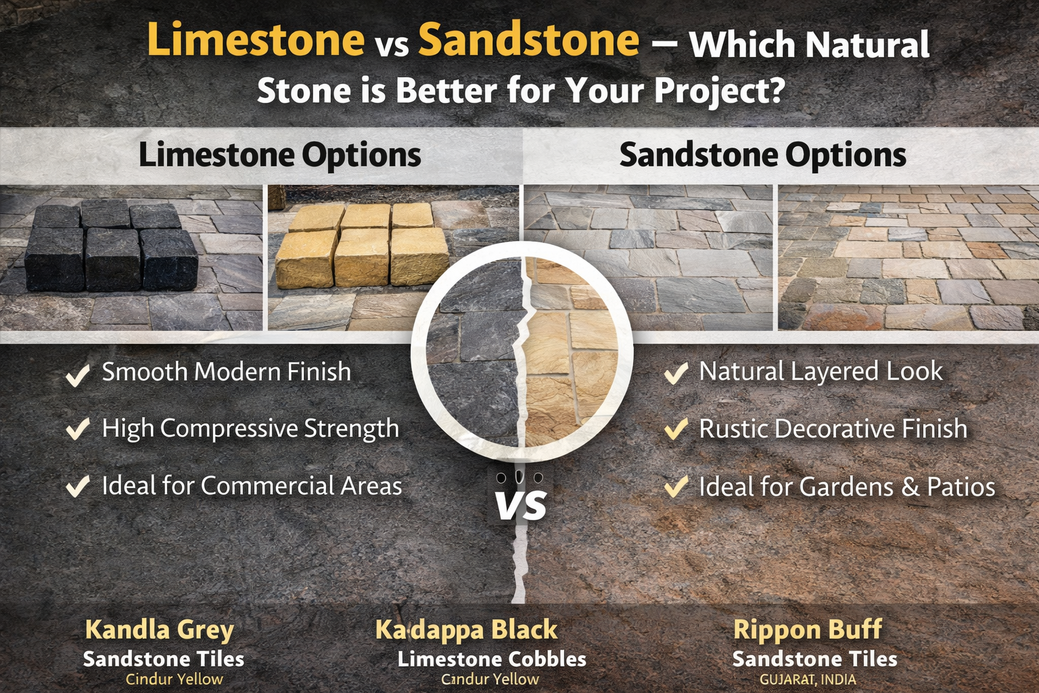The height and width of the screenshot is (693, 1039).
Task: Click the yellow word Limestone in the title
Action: click(256, 41)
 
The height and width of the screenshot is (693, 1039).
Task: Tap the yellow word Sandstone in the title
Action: click(529, 41)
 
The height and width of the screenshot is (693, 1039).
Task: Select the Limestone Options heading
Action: click(279, 155)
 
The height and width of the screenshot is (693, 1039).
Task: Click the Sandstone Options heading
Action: click(763, 155)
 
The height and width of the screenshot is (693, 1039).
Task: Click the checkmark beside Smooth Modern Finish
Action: click(78, 374)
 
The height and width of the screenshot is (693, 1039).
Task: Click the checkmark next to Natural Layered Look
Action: click(676, 373)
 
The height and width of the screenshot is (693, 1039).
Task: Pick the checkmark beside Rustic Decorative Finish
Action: click(676, 429)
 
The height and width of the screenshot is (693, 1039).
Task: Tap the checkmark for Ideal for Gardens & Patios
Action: click(676, 487)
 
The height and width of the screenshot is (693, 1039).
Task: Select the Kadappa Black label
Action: click(466, 630)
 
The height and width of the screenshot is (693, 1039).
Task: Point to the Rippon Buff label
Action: click(808, 630)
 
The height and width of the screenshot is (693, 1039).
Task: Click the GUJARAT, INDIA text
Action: click(808, 680)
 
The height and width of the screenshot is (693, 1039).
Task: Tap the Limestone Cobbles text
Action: click(492, 659)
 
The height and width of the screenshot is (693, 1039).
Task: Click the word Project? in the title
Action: click(719, 91)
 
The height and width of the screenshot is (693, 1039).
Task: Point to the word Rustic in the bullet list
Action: click(733, 429)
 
